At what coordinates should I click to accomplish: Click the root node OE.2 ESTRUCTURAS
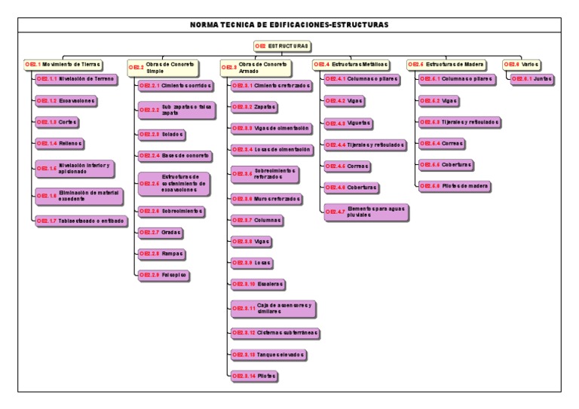(281, 46)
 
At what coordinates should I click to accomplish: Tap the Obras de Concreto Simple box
(165, 67)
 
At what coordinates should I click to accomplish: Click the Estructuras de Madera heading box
(446, 64)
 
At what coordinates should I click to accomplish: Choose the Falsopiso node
(163, 275)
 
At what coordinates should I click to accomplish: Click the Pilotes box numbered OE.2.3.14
(253, 374)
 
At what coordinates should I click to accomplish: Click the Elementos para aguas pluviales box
(367, 212)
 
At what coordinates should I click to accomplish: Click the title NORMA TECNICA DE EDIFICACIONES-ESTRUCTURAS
(289, 25)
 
